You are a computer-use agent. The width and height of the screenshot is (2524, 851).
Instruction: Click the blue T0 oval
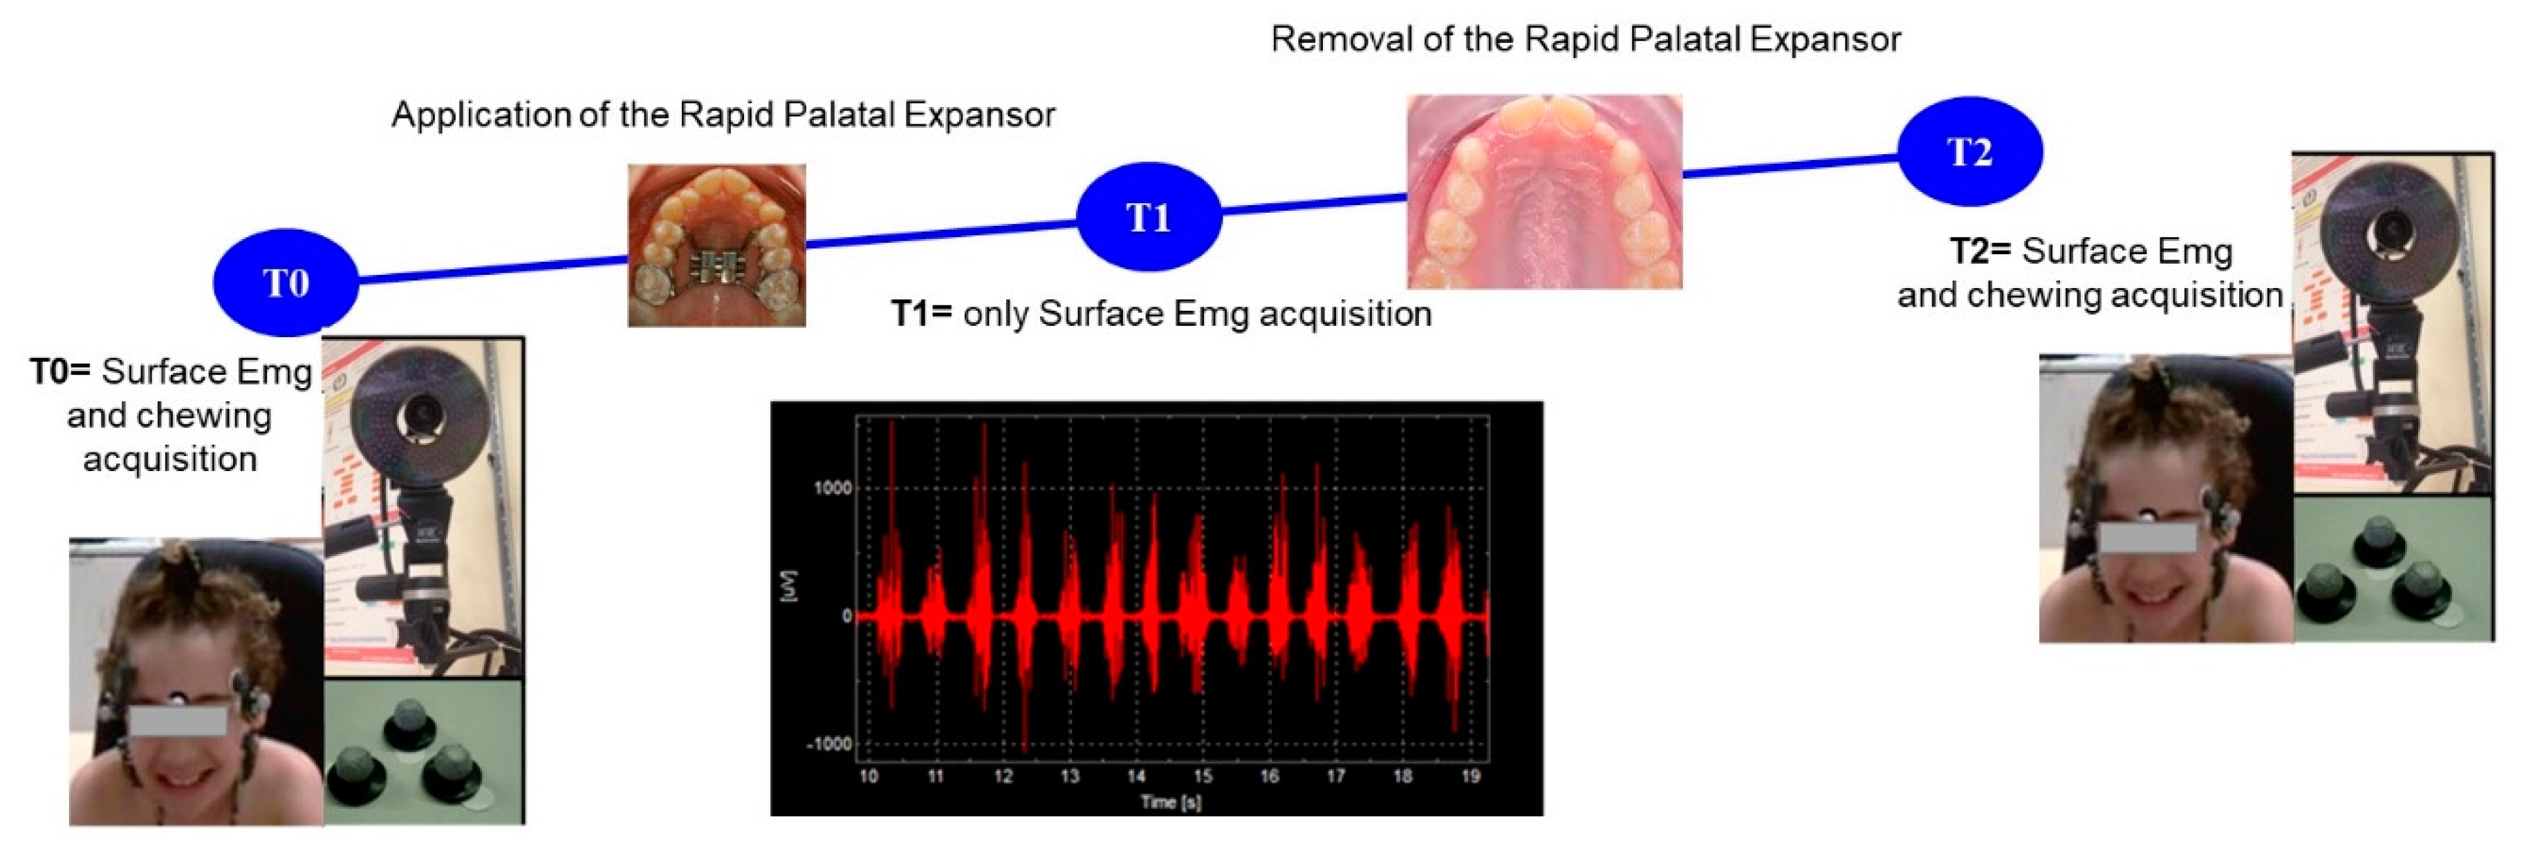click(x=285, y=282)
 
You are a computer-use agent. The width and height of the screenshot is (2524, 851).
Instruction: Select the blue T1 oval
click(x=1149, y=216)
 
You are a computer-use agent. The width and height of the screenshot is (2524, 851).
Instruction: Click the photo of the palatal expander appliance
click(x=716, y=245)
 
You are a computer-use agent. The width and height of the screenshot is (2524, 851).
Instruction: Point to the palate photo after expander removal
click(x=1544, y=191)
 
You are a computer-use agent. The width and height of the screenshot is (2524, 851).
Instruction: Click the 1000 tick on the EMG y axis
click(x=833, y=488)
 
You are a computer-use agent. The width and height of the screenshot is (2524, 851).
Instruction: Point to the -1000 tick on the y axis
click(x=829, y=744)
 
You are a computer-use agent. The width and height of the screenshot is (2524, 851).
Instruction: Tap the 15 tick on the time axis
click(x=1203, y=776)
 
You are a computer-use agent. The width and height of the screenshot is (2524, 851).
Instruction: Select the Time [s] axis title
click(x=1171, y=802)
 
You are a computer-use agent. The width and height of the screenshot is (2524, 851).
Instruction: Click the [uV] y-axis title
click(x=790, y=586)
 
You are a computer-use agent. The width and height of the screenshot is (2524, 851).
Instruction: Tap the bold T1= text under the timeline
click(x=921, y=314)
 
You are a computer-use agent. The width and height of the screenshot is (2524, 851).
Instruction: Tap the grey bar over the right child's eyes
click(x=2146, y=537)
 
